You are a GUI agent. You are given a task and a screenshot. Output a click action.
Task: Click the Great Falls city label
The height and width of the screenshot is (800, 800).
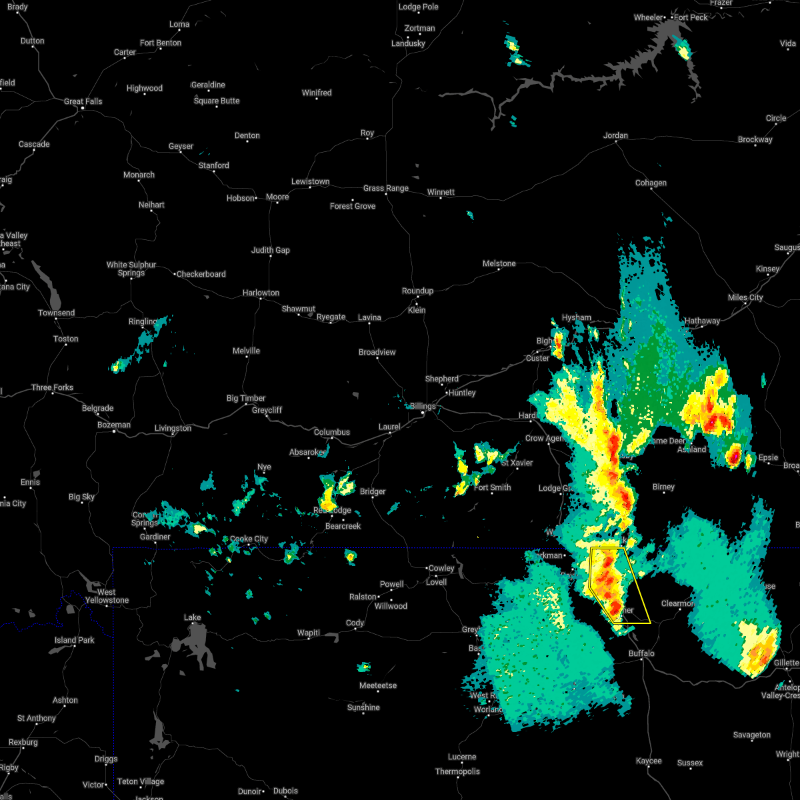point(83,101)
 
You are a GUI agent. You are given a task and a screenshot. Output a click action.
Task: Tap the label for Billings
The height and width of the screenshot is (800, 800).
point(423,406)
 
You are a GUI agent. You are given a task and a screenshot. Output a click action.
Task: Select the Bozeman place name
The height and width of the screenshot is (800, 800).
point(114,425)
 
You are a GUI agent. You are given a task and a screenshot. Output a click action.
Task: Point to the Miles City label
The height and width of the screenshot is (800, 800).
point(745,297)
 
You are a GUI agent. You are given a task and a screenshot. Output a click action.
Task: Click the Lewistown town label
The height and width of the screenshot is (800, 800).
point(310,181)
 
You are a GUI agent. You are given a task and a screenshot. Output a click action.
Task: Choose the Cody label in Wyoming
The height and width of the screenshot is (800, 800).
point(355,623)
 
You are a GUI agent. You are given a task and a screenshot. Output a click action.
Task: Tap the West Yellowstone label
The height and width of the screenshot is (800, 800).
point(107,596)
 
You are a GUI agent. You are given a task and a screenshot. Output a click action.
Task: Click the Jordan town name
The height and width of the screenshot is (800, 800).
point(615,135)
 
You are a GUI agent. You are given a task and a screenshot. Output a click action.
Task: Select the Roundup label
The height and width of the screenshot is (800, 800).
point(417,291)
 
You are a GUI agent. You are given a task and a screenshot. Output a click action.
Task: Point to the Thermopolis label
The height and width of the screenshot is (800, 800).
point(458,771)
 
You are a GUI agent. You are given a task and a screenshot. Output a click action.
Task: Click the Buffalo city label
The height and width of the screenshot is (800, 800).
point(641,653)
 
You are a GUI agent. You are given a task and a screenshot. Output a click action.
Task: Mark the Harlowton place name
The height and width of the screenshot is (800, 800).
point(261,293)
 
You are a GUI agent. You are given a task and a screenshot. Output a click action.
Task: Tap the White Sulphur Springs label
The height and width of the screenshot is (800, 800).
point(131,269)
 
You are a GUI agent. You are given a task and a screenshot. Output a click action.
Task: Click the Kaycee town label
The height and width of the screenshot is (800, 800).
point(649,761)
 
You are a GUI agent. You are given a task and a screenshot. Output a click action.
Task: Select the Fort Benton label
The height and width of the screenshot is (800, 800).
point(161,43)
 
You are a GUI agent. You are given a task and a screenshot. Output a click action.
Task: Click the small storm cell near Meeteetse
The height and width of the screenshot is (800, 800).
point(364,667)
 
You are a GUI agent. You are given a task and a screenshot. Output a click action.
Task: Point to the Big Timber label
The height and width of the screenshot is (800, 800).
point(246,398)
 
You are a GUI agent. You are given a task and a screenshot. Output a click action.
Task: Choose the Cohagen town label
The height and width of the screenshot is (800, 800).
point(651,183)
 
